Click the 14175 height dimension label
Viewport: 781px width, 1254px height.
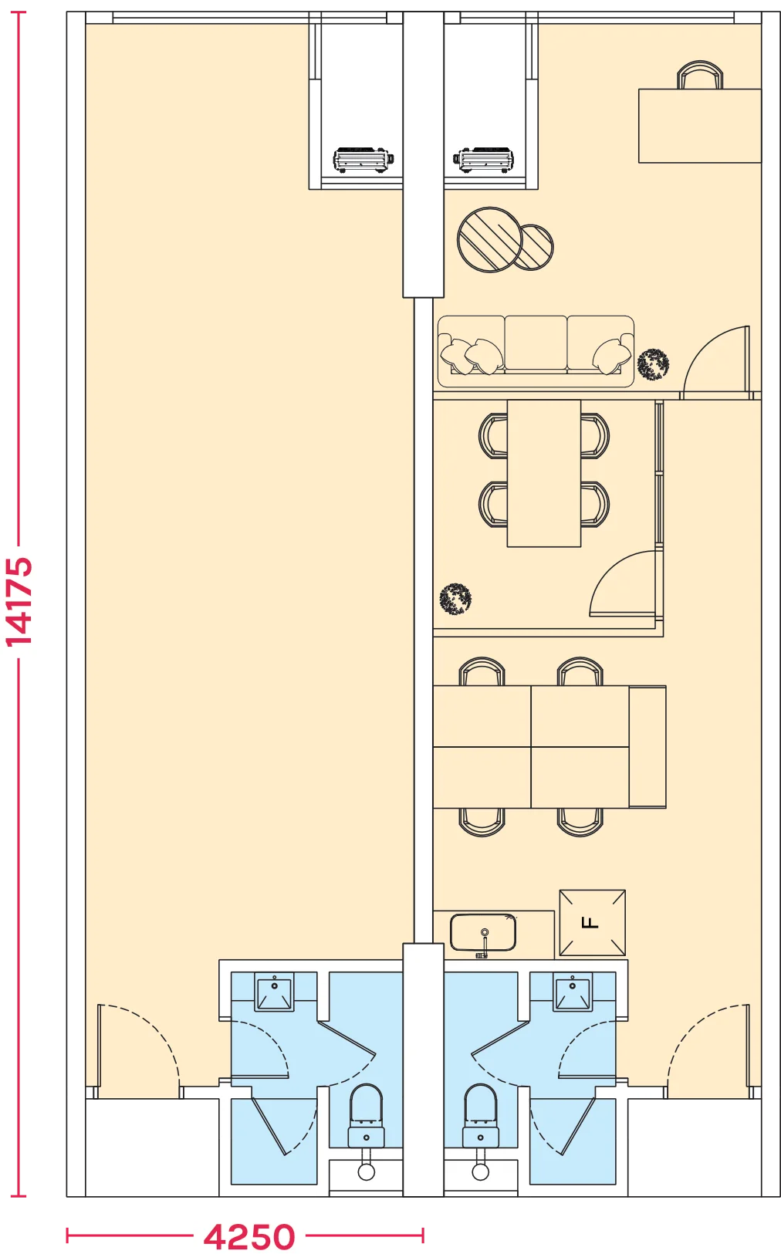pyautogui.click(x=19, y=602)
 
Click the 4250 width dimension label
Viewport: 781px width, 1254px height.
pyautogui.click(x=249, y=1236)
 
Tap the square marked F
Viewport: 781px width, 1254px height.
pyautogui.click(x=593, y=923)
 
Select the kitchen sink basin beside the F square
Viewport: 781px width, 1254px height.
pyautogui.click(x=483, y=933)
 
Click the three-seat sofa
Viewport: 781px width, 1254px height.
pyautogui.click(x=536, y=351)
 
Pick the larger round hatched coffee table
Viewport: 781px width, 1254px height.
pyautogui.click(x=490, y=239)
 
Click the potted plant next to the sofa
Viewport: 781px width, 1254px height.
pyautogui.click(x=653, y=364)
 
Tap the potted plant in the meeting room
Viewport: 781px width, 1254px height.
pyautogui.click(x=455, y=599)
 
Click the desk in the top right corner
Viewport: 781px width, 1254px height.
pyautogui.click(x=700, y=125)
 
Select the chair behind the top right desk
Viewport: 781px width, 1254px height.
pyautogui.click(x=700, y=75)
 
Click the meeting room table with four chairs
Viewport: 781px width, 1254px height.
pyautogui.click(x=543, y=473)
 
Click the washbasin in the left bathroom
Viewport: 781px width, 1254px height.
pyautogui.click(x=274, y=992)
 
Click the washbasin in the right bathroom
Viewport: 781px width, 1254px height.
pyautogui.click(x=572, y=992)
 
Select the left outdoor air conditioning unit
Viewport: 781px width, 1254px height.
pyautogui.click(x=363, y=160)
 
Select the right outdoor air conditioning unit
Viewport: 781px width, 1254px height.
pyautogui.click(x=483, y=160)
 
